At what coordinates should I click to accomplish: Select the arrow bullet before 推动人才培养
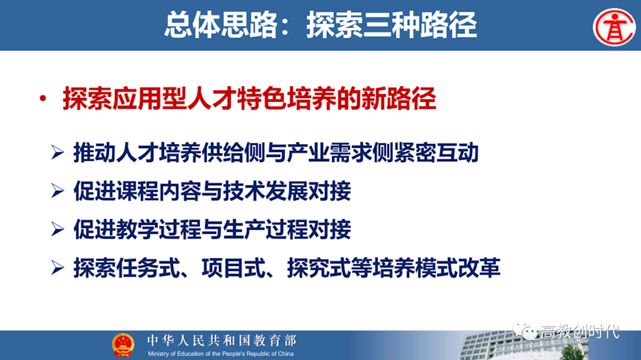click(x=58, y=153)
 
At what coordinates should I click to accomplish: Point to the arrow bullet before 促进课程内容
click(x=58, y=191)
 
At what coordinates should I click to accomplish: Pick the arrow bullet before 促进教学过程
click(x=58, y=229)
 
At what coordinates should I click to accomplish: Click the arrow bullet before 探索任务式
click(x=58, y=268)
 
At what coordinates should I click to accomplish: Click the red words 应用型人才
click(x=174, y=100)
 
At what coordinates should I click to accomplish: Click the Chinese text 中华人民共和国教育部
click(x=221, y=340)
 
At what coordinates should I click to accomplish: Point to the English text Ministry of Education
click(x=221, y=354)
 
